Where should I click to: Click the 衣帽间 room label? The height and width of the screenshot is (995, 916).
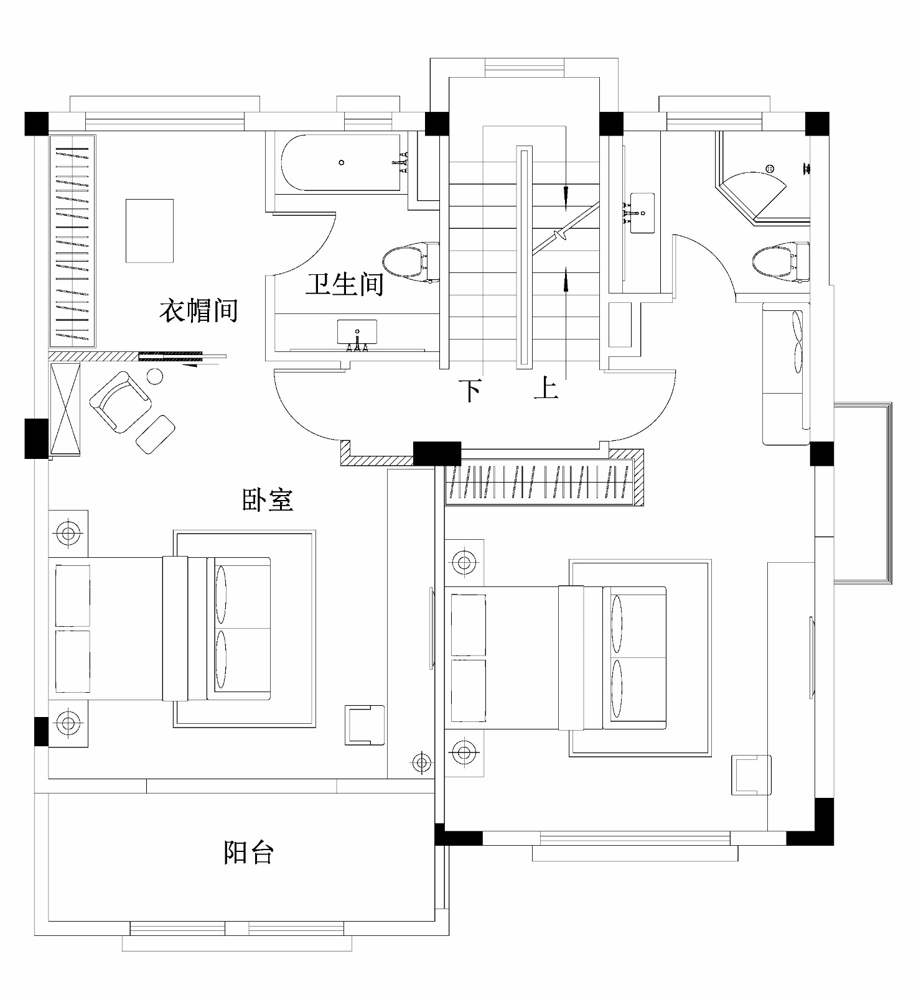pyautogui.click(x=199, y=310)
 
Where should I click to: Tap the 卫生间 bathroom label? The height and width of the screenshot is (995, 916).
pyautogui.click(x=344, y=284)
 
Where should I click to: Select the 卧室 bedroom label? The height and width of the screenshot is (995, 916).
pyautogui.click(x=268, y=499)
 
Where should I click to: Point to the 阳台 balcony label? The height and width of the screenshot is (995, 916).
pyautogui.click(x=248, y=852)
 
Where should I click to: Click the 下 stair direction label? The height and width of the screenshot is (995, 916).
pyautogui.click(x=470, y=391)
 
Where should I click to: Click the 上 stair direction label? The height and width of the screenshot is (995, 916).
pyautogui.click(x=546, y=389)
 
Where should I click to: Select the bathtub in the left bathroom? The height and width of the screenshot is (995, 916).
pyautogui.click(x=342, y=163)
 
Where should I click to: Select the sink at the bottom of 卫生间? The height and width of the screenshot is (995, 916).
pyautogui.click(x=357, y=333)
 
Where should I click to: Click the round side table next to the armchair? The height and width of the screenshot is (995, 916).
pyautogui.click(x=154, y=376)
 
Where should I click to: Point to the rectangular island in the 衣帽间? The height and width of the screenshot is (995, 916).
pyautogui.click(x=149, y=231)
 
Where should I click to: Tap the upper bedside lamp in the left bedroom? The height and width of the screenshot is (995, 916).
pyautogui.click(x=68, y=533)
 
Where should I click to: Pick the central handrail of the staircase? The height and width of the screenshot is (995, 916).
pyautogui.click(x=524, y=257)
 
